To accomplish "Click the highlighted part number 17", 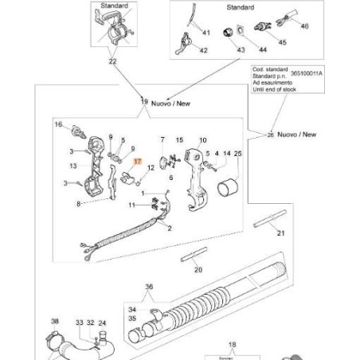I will [137, 161].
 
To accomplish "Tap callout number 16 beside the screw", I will [57, 125].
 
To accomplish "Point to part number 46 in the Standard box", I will [303, 26].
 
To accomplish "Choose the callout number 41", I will [205, 33].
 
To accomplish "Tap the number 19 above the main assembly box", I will [144, 102].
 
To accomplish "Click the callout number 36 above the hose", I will [147, 288].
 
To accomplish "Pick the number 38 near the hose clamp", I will [54, 323].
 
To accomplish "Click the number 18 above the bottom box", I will [233, 347].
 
